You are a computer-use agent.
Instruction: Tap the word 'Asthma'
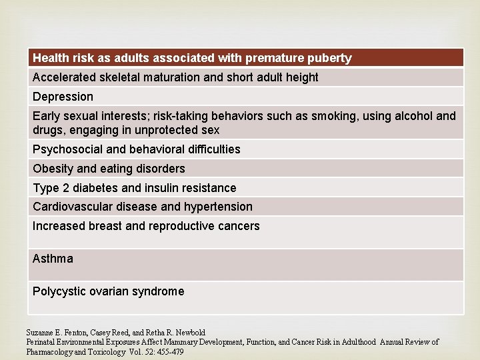click(53, 258)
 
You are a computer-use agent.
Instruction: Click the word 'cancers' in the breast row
click(238, 226)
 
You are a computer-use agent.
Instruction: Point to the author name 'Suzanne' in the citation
click(39, 332)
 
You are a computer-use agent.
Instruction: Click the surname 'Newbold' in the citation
click(190, 332)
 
